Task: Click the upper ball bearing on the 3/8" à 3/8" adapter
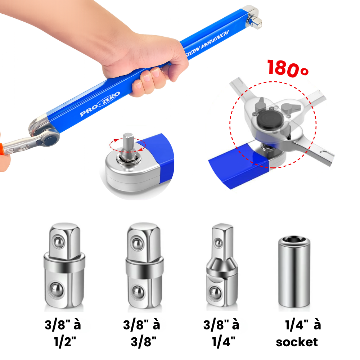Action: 137,243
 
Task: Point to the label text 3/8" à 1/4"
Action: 221,333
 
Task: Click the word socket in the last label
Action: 297,342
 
